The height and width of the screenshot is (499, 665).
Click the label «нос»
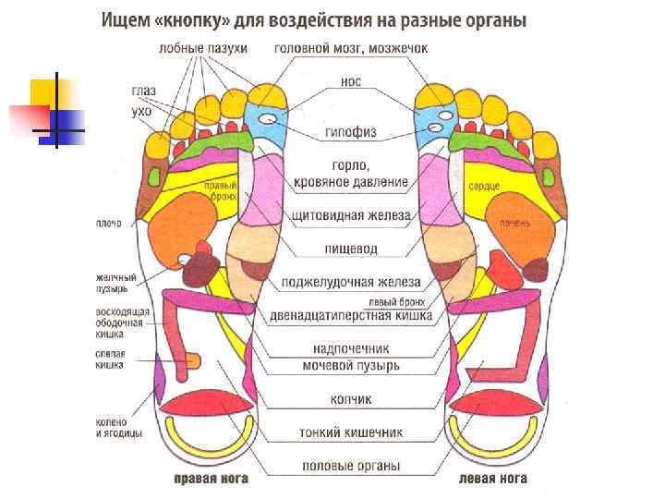click(x=350, y=82)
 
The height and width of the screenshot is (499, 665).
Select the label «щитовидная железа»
click(x=350, y=215)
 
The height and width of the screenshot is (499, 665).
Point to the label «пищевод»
click(x=350, y=248)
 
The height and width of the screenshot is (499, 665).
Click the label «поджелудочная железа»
click(x=350, y=282)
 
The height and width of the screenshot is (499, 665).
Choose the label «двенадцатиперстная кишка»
click(x=350, y=315)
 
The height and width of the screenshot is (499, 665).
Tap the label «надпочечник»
click(x=350, y=348)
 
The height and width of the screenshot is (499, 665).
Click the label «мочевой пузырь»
click(x=350, y=365)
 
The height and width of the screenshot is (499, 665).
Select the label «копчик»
click(x=350, y=399)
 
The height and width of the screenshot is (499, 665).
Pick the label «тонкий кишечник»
click(x=350, y=432)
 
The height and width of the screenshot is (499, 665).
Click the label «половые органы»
click(x=350, y=465)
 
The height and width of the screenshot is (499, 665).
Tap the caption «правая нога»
click(x=212, y=479)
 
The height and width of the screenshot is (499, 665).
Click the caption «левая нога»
click(x=493, y=479)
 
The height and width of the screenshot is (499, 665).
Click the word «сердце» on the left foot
click(x=483, y=188)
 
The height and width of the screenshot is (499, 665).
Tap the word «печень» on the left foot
click(x=514, y=223)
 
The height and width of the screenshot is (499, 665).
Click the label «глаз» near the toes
click(x=142, y=91)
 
